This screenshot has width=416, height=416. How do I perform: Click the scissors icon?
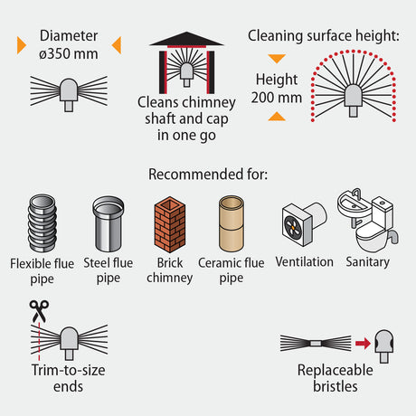(39, 311)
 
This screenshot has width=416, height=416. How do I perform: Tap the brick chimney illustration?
(170, 224)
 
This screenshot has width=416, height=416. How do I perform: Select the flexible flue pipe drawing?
(43, 223)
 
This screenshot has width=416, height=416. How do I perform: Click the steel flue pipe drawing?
(109, 223)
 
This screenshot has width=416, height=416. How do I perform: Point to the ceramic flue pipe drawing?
(232, 223)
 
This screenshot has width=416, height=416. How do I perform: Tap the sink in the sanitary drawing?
(355, 206)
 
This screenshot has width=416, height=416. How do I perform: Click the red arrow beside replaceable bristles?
(363, 343)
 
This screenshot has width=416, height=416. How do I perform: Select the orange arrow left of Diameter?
(21, 45)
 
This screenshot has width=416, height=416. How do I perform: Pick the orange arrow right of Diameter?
(117, 45)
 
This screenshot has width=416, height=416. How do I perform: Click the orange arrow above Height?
(277, 59)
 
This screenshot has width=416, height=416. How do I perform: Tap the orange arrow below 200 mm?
(277, 117)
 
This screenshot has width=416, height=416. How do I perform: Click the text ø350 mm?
(69, 54)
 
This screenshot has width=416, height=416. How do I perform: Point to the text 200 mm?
(277, 98)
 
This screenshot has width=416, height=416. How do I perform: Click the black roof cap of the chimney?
(186, 39)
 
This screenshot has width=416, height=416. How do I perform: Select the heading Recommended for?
(208, 175)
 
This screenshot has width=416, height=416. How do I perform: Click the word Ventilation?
(305, 261)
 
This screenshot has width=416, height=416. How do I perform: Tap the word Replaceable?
(336, 370)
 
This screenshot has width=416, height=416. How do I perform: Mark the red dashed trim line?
(39, 341)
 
